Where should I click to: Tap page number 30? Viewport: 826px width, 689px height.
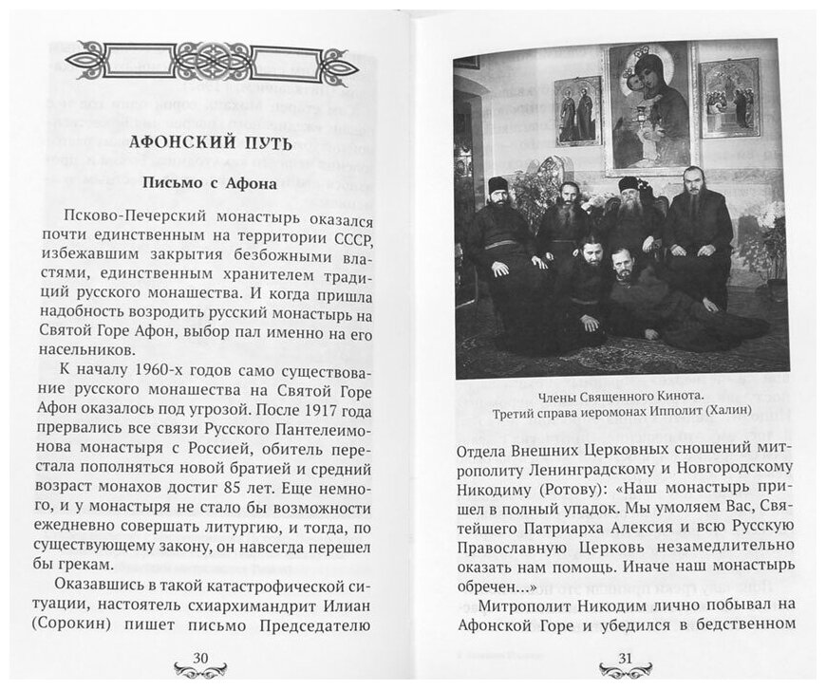point(201,659)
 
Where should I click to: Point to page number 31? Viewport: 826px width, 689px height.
point(624,659)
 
